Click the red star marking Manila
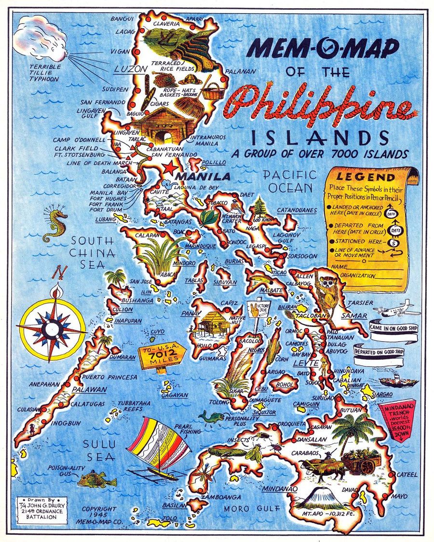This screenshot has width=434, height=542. (169, 168)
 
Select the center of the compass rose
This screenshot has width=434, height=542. (51, 330)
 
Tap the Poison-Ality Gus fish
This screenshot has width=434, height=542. (96, 479)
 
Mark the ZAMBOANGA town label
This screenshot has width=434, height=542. (221, 497)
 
